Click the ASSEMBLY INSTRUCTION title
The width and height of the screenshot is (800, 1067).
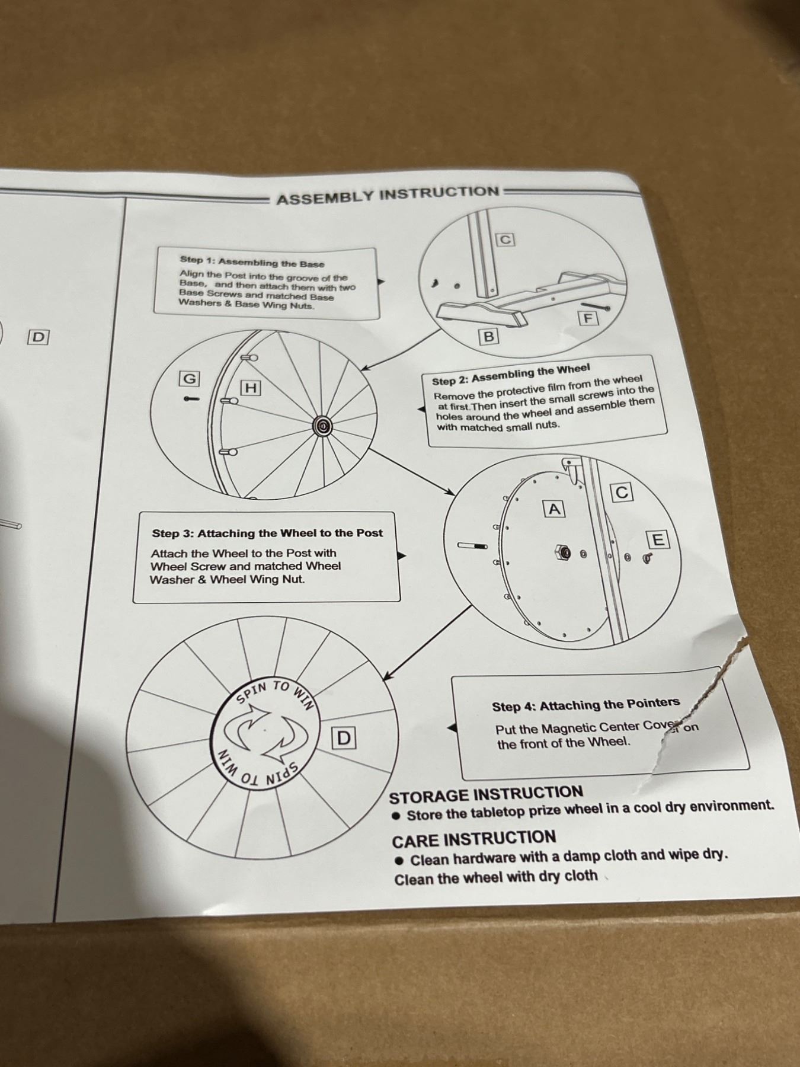pos(388,195)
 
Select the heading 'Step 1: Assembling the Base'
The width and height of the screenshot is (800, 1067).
pos(252,262)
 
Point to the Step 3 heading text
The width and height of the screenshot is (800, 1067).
pos(267,533)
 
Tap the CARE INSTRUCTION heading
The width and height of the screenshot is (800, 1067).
pos(474,839)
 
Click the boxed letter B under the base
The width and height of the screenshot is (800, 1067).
pos(489,337)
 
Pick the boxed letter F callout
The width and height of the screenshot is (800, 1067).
pos(588,318)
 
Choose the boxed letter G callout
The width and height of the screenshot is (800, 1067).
pos(190,379)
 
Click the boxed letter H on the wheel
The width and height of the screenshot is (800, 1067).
pos(251,388)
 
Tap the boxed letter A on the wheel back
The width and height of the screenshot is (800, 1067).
pos(554,509)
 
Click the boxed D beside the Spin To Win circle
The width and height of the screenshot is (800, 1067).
pos(344,738)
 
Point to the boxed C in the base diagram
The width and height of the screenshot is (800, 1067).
pos(505,239)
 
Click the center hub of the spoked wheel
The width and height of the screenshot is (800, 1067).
pos(323,425)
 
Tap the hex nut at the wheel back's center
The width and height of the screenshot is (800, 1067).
pos(560,553)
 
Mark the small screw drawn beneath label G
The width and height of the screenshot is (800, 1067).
pos(193,398)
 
